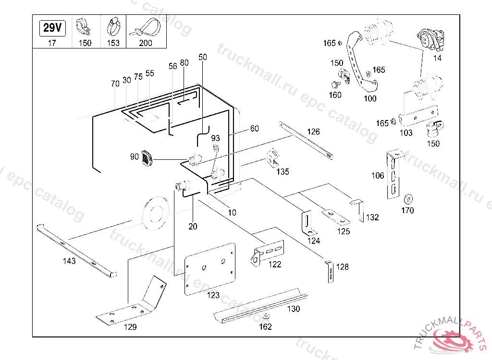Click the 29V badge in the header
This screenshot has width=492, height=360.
[52, 28]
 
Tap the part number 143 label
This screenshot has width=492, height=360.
[69, 261]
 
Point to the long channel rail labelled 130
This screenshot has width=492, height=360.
[259, 306]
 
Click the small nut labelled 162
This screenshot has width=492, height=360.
[266, 316]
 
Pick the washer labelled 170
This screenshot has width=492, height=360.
[408, 198]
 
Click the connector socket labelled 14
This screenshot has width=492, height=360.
[430, 39]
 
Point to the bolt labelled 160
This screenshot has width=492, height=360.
[334, 84]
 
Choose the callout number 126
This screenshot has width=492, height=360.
[313, 132]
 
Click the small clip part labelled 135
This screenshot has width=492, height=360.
[273, 158]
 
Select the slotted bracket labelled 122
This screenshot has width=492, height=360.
[267, 252]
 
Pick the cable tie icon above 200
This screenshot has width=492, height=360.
[145, 28]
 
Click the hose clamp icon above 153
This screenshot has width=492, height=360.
[113, 27]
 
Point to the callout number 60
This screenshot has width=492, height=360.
[254, 128]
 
